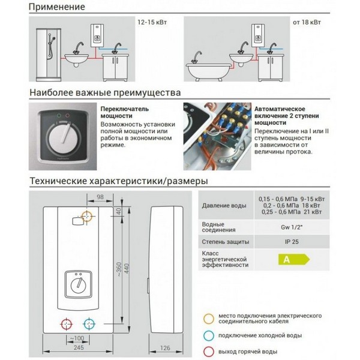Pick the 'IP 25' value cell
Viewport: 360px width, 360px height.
(x=294, y=241)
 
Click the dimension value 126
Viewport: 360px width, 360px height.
(x=164, y=348)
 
